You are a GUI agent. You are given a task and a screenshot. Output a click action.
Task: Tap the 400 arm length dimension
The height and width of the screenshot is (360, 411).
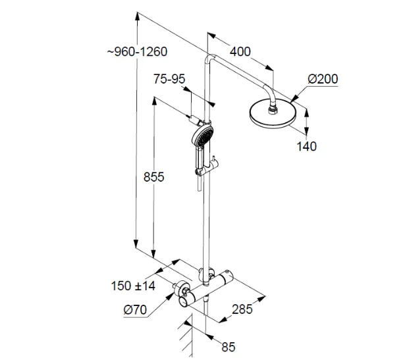pyautogui.click(x=240, y=51)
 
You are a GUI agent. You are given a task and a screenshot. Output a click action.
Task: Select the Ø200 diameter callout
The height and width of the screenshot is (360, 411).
pyautogui.click(x=322, y=79)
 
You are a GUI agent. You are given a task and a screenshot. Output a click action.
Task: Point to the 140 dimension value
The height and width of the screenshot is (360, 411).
pyautogui.click(x=306, y=146)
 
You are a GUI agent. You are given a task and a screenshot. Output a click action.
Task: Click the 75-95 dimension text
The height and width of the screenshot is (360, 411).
pyautogui.click(x=169, y=79)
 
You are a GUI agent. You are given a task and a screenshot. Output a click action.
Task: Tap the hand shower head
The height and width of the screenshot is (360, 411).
pyautogui.click(x=201, y=138)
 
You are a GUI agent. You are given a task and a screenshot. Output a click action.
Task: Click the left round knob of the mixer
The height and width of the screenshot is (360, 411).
pyautogui.click(x=183, y=297)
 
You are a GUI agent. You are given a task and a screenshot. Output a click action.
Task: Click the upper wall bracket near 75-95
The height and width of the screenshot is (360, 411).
pyautogui.click(x=200, y=121)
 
